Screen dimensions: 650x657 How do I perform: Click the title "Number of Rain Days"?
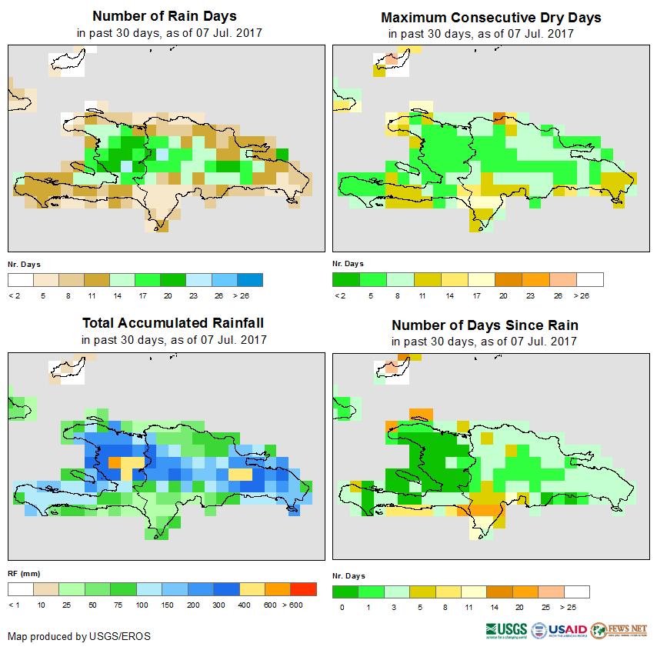tap(165, 16)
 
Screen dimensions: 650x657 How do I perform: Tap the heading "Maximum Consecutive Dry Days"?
tap(491, 18)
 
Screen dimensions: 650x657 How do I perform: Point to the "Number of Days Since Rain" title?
tap(485, 325)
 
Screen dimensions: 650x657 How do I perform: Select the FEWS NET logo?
tap(619, 630)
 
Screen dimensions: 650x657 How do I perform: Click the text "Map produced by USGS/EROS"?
tap(79, 637)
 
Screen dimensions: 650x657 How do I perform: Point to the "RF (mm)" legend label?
tap(24, 574)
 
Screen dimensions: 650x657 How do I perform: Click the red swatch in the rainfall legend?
tap(304, 589)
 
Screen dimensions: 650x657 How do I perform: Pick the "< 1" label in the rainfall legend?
tap(14, 605)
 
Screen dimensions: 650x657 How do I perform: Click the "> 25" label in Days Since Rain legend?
tap(577, 607)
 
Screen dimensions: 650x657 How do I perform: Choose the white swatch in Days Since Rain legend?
tap(577, 592)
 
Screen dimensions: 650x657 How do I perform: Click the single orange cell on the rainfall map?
tap(115, 462)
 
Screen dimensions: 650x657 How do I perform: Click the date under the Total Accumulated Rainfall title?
tap(173, 340)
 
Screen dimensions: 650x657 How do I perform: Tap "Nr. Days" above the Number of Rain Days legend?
tap(24, 264)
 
